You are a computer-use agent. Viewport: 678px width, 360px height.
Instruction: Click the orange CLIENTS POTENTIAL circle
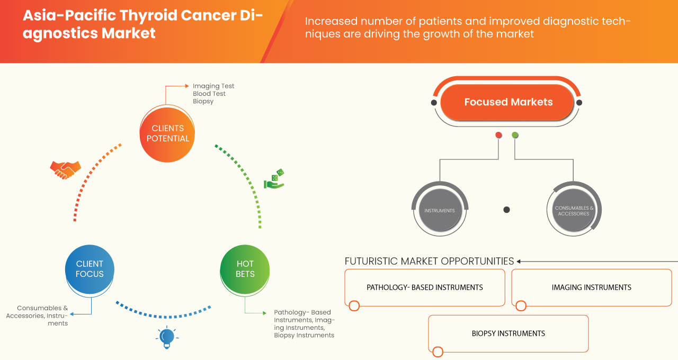[167, 133]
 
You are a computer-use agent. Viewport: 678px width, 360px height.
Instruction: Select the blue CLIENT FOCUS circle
[90, 269]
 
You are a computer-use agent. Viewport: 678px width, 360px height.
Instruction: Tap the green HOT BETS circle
[245, 269]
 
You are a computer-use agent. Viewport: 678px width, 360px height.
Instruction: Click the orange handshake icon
[65, 169]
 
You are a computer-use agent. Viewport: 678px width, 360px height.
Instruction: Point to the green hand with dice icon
[274, 179]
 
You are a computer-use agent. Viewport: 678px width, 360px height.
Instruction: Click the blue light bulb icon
[167, 337]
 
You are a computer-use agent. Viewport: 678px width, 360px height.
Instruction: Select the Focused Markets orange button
[508, 102]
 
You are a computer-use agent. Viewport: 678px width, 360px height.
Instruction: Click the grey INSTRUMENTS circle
[439, 211]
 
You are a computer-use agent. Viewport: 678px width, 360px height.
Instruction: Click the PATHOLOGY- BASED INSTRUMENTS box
[424, 287]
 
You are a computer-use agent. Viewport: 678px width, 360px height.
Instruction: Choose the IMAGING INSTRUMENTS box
[591, 287]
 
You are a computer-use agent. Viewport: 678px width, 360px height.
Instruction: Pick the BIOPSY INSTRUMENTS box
[508, 334]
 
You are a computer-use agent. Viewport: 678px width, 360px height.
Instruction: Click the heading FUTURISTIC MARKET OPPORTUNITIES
[429, 261]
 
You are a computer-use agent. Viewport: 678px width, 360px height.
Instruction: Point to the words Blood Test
[209, 94]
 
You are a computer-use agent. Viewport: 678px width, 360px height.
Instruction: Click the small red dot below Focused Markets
[498, 136]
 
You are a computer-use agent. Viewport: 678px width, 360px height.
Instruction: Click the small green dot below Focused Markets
[515, 136]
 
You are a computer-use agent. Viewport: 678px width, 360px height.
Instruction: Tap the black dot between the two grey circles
[506, 210]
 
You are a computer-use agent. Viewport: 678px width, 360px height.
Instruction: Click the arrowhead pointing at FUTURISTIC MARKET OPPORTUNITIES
[519, 261]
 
